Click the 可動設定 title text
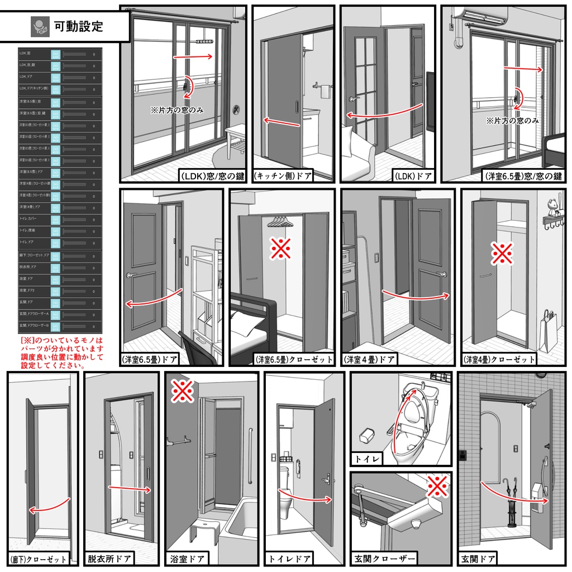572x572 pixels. click(x=78, y=26)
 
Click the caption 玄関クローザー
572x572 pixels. click(x=385, y=558)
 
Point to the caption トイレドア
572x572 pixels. click(x=290, y=558)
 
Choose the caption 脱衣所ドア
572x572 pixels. click(x=109, y=558)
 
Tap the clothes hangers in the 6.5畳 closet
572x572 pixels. click(x=280, y=222)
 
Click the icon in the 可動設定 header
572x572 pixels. click(x=39, y=26)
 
